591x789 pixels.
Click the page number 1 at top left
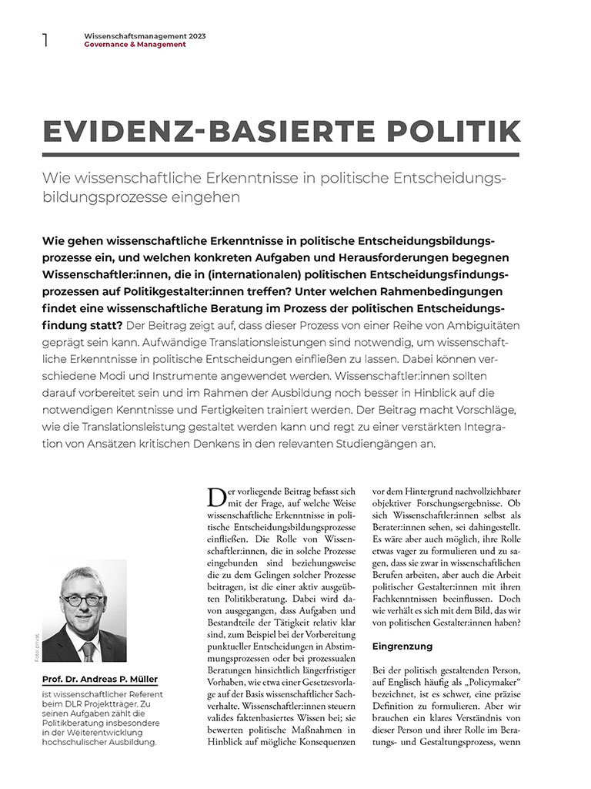(x=45, y=40)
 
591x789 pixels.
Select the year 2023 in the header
(x=195, y=36)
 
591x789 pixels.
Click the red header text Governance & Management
(x=135, y=45)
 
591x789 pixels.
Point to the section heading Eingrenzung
(x=402, y=646)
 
